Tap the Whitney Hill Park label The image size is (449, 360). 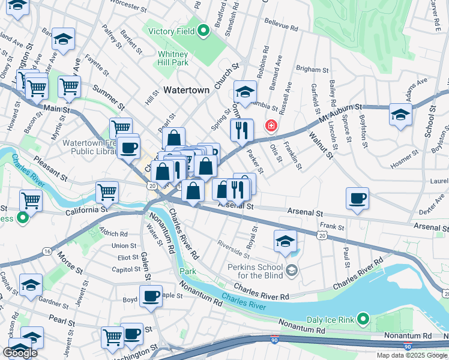pyautogui.click(x=173, y=58)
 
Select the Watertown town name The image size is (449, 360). pyautogui.click(x=187, y=90)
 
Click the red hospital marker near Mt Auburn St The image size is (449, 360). pyautogui.click(x=271, y=125)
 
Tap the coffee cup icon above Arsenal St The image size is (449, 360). pyautogui.click(x=357, y=199)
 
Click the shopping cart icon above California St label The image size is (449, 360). pyautogui.click(x=107, y=193)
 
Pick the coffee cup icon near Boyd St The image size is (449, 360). pyautogui.click(x=151, y=295)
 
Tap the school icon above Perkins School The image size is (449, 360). pyautogui.click(x=285, y=241)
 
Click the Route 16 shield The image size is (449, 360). pyautogui.click(x=47, y=251)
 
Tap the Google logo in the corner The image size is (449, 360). pyautogui.click(x=20, y=353)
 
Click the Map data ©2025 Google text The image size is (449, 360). pyautogui.click(x=411, y=355)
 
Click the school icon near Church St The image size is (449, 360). pyautogui.click(x=245, y=92)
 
